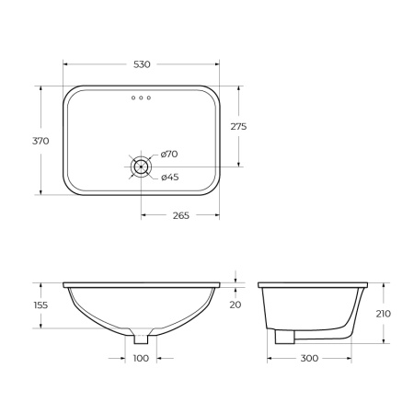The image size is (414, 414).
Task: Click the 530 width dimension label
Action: [x=141, y=64]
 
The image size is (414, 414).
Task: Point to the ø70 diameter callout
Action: [x=168, y=154]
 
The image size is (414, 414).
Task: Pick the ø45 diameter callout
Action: [x=168, y=177]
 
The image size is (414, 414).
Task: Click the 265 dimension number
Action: [x=180, y=215]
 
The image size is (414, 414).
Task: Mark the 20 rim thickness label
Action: [x=236, y=305]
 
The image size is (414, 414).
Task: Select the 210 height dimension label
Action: [x=384, y=313]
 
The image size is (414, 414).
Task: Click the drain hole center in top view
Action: [x=141, y=167]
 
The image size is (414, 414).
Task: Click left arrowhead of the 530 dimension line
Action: [x=65, y=64]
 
